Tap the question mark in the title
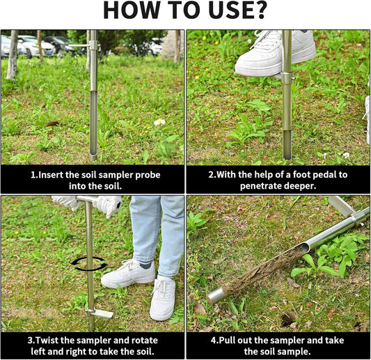point(260,12)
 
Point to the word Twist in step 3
point(49,341)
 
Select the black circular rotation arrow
point(89,264)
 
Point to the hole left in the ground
point(287,318)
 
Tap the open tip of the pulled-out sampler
point(216,296)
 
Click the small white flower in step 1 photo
point(159,122)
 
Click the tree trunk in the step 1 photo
point(12,56)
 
